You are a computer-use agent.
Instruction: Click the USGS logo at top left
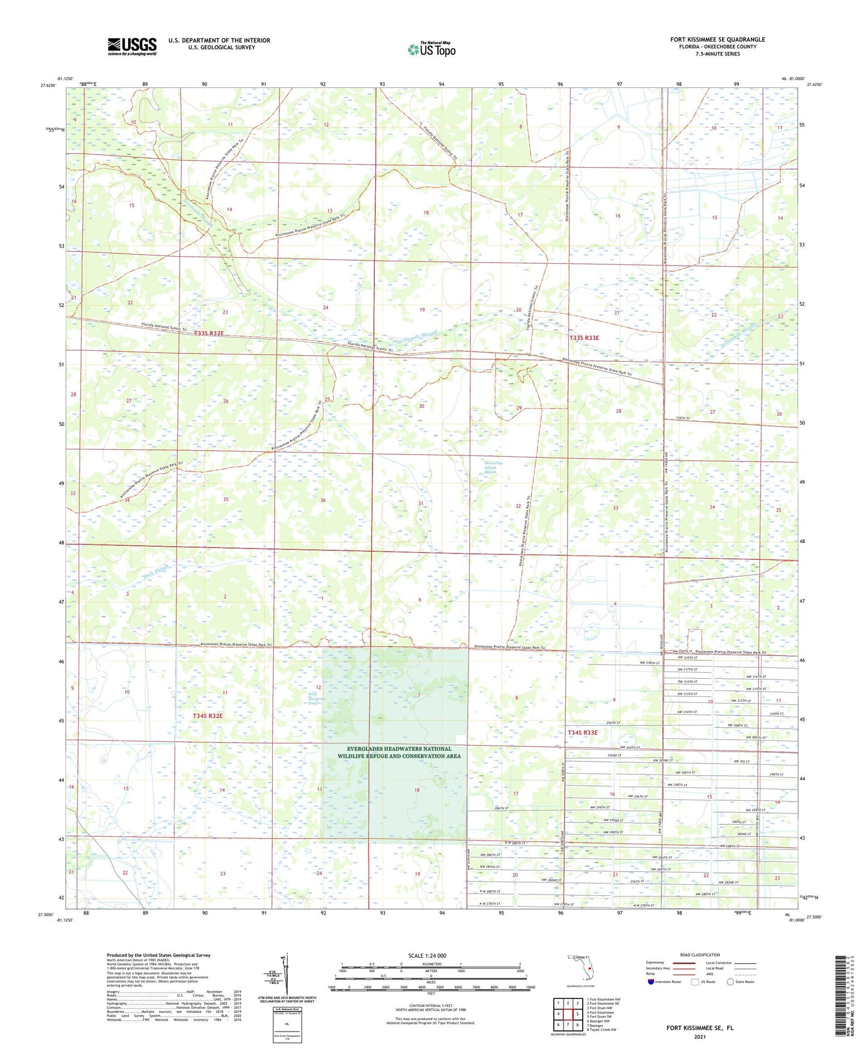pos(132,46)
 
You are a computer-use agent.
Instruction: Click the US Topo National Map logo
pos(431,49)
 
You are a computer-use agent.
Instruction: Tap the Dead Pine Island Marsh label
pos(491,467)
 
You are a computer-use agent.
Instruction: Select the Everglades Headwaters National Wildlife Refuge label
pos(394,752)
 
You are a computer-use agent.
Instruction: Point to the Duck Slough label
pos(157,571)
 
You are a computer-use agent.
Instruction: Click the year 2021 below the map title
pos(699,1037)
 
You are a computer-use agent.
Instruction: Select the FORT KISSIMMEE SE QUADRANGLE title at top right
pos(717,40)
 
